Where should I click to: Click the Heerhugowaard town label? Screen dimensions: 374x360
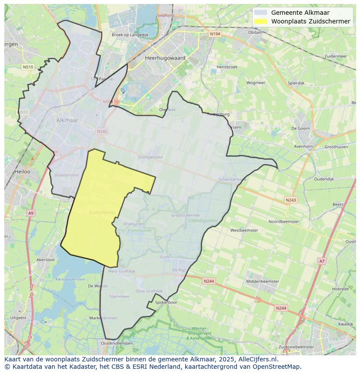click(165, 58)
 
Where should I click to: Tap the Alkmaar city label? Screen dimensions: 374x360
click(67, 120)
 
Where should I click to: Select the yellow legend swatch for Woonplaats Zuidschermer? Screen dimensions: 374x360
click(261, 21)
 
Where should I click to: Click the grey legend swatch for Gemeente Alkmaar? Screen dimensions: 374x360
click(261, 13)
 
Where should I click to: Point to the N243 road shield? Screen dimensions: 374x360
click(291, 200)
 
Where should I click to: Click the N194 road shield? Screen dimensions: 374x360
click(215, 33)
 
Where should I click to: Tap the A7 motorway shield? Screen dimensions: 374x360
click(322, 261)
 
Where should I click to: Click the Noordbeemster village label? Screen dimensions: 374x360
click(283, 222)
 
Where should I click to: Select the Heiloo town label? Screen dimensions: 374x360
click(22, 172)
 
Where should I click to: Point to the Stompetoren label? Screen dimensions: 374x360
click(150, 157)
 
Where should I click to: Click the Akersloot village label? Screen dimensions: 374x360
click(46, 260)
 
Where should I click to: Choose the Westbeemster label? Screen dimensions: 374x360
click(244, 230)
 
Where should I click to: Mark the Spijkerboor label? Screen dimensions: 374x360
click(166, 302)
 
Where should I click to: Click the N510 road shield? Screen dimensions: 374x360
click(28, 67)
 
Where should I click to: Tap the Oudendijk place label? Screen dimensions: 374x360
click(323, 179)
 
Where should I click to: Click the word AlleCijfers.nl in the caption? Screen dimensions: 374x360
click(256, 360)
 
